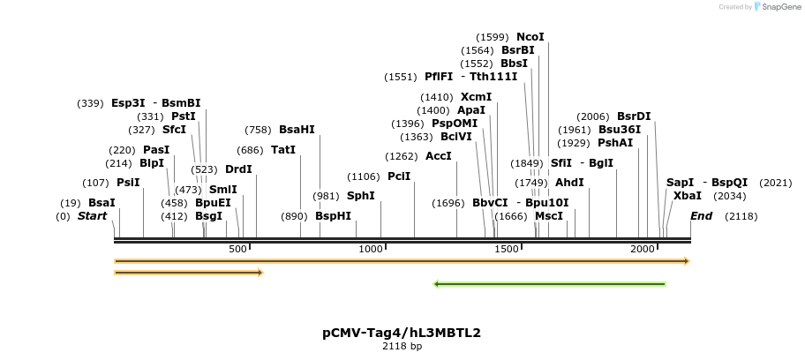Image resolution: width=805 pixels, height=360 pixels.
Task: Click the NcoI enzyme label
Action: tap(530, 37)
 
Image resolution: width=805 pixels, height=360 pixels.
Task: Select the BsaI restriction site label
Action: tap(102, 203)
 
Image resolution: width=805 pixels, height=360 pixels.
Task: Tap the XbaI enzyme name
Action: tap(688, 196)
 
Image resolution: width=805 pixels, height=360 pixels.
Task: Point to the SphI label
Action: tap(360, 196)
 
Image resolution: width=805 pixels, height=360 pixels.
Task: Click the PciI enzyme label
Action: tap(399, 176)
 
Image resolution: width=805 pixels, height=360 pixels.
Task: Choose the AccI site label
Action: tap(439, 156)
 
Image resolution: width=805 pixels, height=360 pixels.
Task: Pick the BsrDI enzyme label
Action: tap(634, 116)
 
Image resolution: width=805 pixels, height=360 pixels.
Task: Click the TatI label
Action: tap(283, 150)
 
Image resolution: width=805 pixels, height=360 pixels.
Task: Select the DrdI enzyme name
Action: tap(238, 169)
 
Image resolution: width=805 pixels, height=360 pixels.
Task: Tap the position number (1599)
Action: tap(493, 37)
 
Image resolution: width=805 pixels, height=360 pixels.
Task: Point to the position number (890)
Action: tap(294, 216)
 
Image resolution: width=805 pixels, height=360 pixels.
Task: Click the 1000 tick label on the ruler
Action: tap(369, 250)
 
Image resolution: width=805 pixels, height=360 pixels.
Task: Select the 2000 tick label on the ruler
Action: tap(641, 250)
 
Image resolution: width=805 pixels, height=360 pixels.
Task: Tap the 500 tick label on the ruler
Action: tap(237, 250)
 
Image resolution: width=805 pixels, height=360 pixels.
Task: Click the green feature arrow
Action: tap(549, 284)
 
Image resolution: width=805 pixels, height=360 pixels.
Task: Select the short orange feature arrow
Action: tap(189, 273)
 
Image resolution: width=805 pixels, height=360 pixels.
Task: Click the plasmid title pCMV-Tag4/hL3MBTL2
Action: tap(402, 333)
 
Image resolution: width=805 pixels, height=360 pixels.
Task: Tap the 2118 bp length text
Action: tap(402, 347)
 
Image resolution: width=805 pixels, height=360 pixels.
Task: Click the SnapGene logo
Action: tap(775, 7)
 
